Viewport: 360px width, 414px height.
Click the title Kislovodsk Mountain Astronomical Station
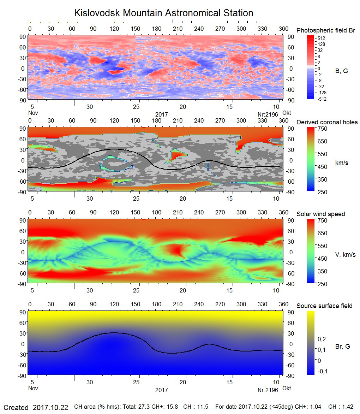pyautogui.click(x=163, y=13)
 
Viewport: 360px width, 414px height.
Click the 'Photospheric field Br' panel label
pyautogui.click(x=325, y=30)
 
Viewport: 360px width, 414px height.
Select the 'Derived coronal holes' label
pyautogui.click(x=327, y=122)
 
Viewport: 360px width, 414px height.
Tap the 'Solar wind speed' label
pyautogui.click(x=320, y=214)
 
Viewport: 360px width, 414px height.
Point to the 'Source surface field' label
pyautogui.click(x=324, y=306)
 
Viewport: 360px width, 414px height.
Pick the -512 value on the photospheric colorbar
pyautogui.click(x=322, y=99)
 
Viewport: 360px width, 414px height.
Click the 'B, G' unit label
pyautogui.click(x=341, y=71)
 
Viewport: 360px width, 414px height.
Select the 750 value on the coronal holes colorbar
pyautogui.click(x=323, y=129)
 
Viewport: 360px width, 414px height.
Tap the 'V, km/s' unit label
pyautogui.click(x=345, y=255)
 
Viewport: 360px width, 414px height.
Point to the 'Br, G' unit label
pyautogui.click(x=343, y=347)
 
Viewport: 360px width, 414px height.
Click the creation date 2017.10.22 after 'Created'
pyautogui.click(x=50, y=407)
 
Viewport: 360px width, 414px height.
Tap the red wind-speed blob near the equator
pyautogui.click(x=175, y=251)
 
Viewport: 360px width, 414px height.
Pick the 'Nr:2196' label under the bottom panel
pyautogui.click(x=268, y=390)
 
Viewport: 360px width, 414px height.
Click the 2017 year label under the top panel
pyautogui.click(x=161, y=114)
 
